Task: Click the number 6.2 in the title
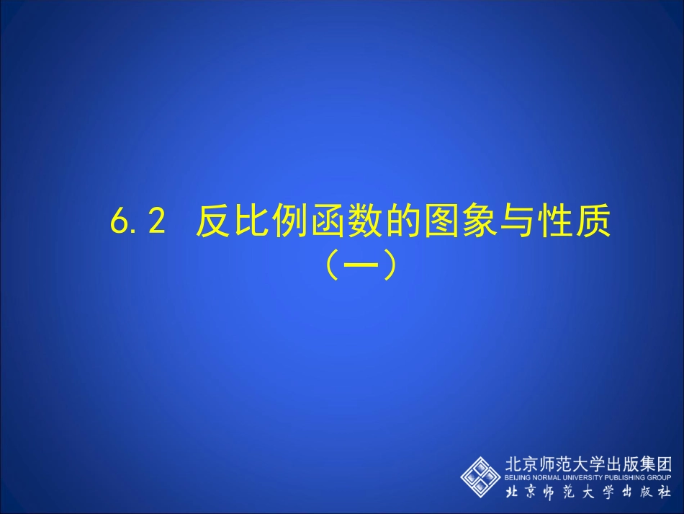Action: (x=138, y=223)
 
